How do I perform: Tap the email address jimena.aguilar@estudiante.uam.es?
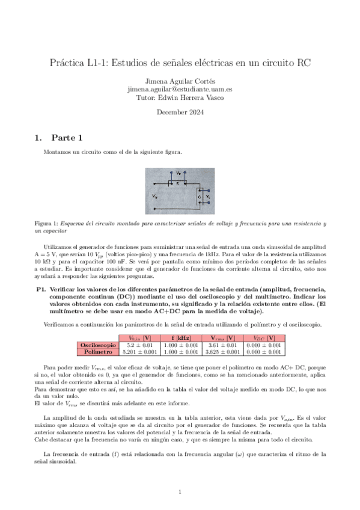coord(180,88)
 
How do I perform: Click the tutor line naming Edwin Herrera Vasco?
coord(180,96)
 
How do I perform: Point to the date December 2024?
coord(180,112)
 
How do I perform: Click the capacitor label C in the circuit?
coord(200,196)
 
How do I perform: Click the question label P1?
coord(41,289)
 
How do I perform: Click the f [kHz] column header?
coord(181,337)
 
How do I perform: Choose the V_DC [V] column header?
coord(264,337)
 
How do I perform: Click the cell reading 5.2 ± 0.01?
coord(139,345)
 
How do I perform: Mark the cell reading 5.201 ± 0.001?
coord(139,352)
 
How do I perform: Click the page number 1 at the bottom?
coord(180,492)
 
